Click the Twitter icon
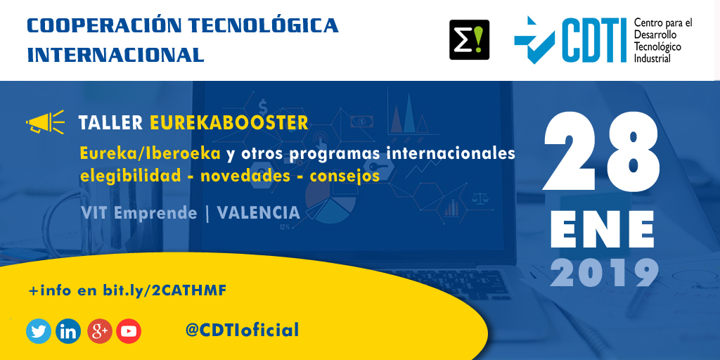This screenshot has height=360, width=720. [39, 331]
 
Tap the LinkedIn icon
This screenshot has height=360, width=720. [68, 331]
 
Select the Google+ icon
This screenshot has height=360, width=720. [99, 331]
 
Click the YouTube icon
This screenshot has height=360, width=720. [129, 331]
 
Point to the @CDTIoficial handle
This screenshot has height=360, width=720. [242, 330]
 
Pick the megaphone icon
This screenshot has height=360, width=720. [44, 123]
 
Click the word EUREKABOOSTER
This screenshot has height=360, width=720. [229, 123]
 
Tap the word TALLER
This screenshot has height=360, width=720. [110, 123]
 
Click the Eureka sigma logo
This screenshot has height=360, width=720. [469, 39]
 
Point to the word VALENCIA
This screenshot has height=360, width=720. [259, 212]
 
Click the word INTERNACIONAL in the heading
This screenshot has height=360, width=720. [115, 54]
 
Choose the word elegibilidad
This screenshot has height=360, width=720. [130, 176]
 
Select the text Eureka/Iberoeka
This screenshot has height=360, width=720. [150, 153]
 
